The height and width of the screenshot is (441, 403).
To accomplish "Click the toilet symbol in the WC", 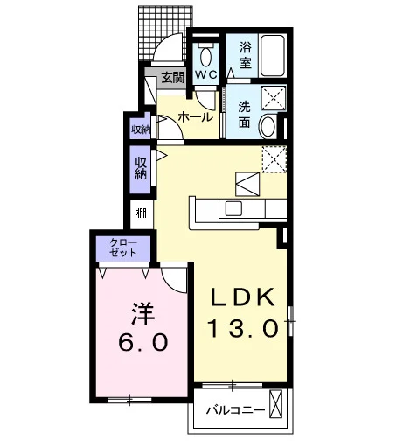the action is tap(206, 55).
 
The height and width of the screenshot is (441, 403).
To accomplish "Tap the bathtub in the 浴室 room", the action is tap(273, 56).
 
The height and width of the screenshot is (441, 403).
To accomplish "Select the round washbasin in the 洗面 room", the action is tap(268, 126).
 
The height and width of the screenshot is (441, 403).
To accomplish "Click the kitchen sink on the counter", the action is tap(233, 209).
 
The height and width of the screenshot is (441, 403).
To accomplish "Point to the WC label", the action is tap(206, 74).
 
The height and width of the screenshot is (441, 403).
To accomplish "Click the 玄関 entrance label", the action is tap(173, 78).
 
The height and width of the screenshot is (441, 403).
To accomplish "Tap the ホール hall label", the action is tap(196, 117).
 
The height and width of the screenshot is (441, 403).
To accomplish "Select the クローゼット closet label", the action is tap(123, 248).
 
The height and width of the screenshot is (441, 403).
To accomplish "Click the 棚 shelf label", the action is tap(142, 214).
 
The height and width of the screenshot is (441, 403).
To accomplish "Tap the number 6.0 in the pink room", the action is tap(143, 342).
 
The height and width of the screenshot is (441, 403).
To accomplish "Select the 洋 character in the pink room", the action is tap(143, 313).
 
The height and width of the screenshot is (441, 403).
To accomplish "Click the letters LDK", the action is tap(243, 297).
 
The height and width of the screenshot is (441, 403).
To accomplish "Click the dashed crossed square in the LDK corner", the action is tap(274, 159).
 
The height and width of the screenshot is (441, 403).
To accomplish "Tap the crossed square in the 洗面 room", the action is tap(274, 98).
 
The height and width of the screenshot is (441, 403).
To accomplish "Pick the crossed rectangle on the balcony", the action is tap(275, 404).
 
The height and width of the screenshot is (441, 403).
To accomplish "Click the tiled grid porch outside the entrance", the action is tap(165, 32).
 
